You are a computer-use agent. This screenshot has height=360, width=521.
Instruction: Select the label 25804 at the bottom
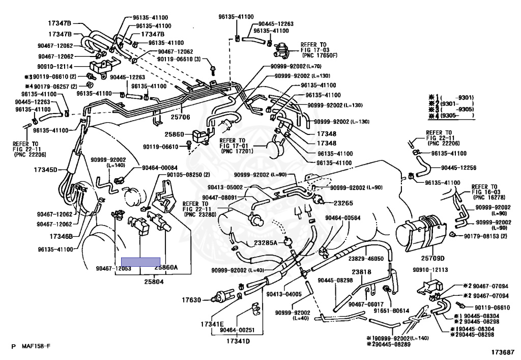click(154, 281)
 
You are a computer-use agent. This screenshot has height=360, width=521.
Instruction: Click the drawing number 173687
click(502, 351)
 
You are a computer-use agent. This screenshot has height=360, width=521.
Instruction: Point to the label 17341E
click(212, 324)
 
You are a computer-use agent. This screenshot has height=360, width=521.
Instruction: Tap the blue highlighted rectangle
click(140, 262)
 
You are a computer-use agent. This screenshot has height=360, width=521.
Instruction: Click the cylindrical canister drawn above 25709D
click(420, 232)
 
